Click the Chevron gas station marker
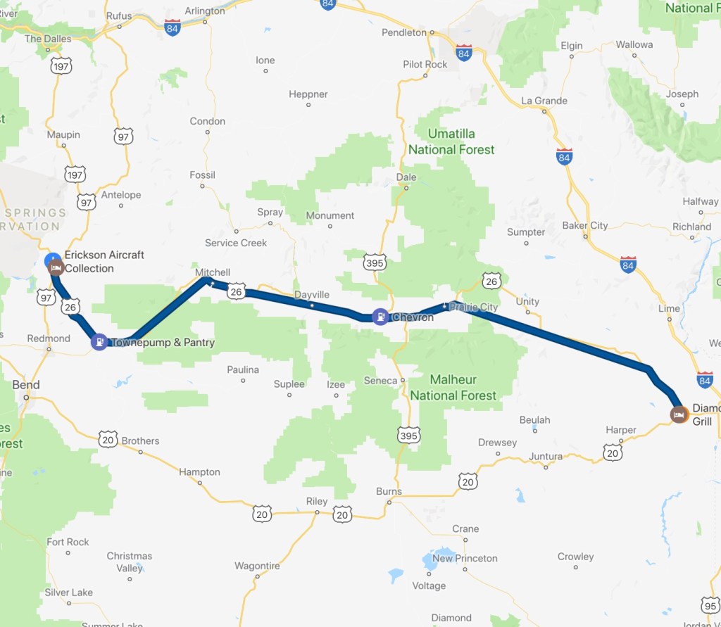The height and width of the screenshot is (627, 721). point(380,317)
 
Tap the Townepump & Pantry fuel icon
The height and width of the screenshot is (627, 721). point(99,342)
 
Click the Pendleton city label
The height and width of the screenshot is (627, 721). point(404,32)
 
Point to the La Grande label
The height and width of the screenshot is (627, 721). point(544,101)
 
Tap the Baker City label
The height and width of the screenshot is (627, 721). point(584,225)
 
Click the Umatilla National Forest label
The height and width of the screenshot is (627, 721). point(451,141)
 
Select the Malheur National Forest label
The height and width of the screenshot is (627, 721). point(453,388)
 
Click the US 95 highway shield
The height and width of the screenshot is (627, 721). point(710,604)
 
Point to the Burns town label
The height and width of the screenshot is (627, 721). point(389,491)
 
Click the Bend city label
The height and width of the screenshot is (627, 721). point(26,385)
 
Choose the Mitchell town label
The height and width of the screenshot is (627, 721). point(213,272)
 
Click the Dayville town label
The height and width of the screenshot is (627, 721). point(311,295)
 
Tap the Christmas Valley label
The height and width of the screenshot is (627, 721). point(130,562)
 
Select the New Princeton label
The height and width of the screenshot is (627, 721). point(465,558)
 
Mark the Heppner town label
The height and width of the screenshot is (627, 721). point(308,94)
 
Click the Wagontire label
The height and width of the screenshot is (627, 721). point(257,566)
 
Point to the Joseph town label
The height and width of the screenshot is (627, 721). point(682,94)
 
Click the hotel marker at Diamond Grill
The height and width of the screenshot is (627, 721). point(679,414)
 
